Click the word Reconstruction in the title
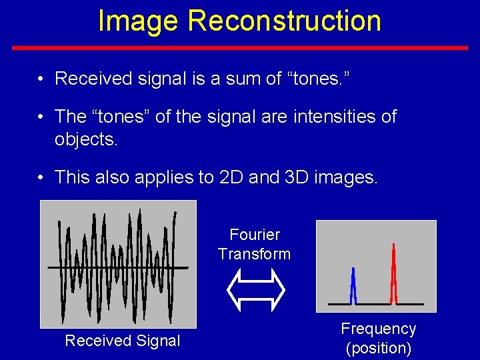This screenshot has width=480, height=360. (x=284, y=21)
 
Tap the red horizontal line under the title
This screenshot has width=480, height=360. (x=240, y=48)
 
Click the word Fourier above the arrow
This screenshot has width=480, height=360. (x=254, y=235)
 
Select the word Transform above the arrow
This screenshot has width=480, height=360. (x=254, y=254)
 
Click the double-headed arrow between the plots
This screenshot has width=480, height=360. (x=256, y=291)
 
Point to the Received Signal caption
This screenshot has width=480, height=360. (x=122, y=341)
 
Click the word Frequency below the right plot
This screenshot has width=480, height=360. (x=378, y=329)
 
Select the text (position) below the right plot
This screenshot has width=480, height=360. (x=378, y=347)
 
